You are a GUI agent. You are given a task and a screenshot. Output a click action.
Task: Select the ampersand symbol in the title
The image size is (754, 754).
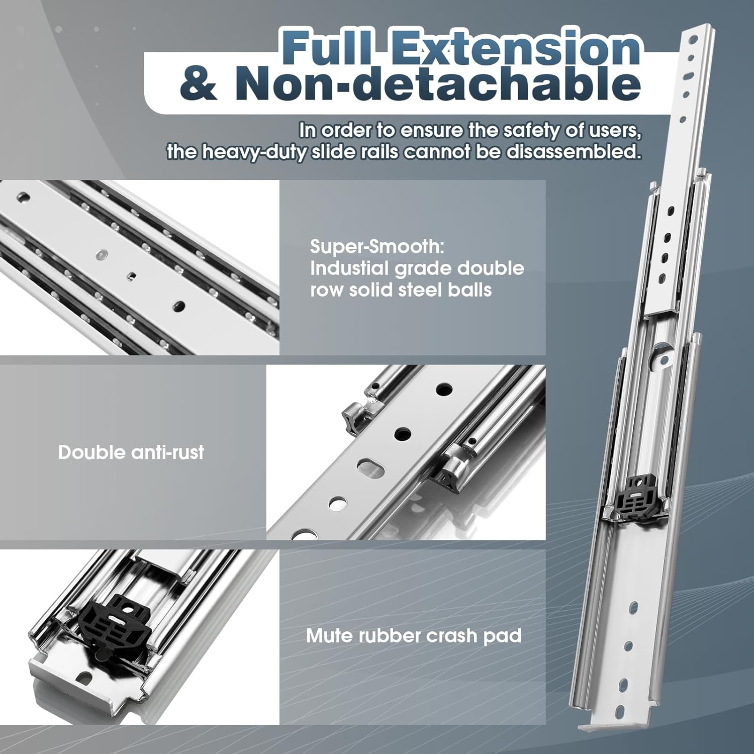click(x=199, y=84)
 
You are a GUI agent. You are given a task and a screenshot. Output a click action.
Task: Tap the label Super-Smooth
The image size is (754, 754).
click(x=377, y=246)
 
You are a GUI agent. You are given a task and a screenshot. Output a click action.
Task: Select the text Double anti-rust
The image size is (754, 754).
click(x=131, y=452)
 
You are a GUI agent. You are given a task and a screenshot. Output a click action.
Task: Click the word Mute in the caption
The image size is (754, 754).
click(x=329, y=636)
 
